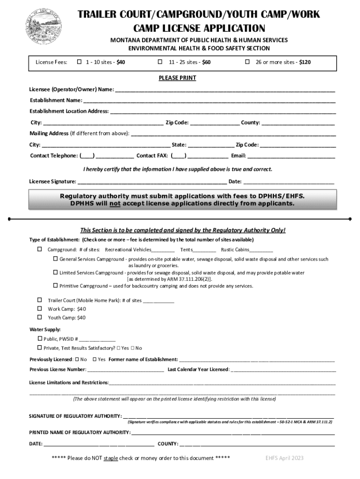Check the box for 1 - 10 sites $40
pos(79,62)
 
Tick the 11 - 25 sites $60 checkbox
pos(160,62)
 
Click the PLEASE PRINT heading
pos(177,78)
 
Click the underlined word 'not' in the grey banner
pos(115,204)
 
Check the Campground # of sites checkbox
pos(40,249)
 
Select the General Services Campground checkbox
pos(55,259)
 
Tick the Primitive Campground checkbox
pos(55,285)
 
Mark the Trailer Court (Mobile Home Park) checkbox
pos(40,300)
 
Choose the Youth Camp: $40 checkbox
pos(40,317)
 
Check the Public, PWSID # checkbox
pos(40,339)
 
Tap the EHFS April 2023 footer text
pos(284,458)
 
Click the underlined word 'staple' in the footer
pos(111,458)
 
